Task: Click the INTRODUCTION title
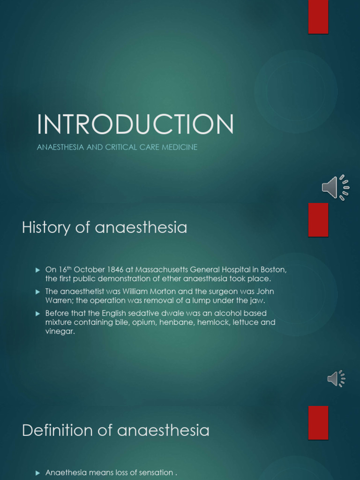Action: coord(135,124)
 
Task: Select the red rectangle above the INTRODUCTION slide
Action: coord(318,17)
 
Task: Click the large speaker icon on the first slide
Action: coord(336,187)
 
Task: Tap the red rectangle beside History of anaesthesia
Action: coord(318,220)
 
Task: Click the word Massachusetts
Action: coord(162,270)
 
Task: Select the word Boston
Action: coord(273,270)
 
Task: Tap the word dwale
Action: coord(172,313)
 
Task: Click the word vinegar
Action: coord(60,331)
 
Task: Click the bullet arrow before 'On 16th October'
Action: coord(38,270)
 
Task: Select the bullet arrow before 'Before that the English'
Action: coord(38,314)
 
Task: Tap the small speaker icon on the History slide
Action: coord(336,379)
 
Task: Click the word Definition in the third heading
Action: coord(57,430)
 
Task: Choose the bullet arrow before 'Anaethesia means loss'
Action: coord(38,473)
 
